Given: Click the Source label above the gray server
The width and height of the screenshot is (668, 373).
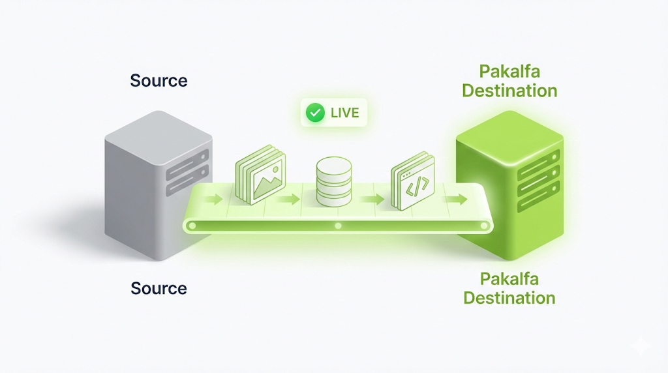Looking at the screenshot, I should pyautogui.click(x=159, y=81).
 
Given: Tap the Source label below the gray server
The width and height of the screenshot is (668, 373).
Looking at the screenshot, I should pyautogui.click(x=159, y=288).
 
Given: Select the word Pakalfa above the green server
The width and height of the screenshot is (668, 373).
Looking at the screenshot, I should pyautogui.click(x=509, y=71).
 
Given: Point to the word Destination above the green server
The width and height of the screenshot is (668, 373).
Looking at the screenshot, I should pyautogui.click(x=509, y=90).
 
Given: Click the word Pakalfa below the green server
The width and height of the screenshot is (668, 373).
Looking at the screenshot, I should pyautogui.click(x=509, y=279).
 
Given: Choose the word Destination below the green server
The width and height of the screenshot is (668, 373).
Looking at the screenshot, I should pyautogui.click(x=509, y=298).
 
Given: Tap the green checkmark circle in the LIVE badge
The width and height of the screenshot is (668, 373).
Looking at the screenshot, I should pyautogui.click(x=316, y=113).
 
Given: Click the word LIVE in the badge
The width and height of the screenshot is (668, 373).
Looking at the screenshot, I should pyautogui.click(x=344, y=113).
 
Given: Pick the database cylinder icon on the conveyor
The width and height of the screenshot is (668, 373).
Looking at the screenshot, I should pyautogui.click(x=333, y=181).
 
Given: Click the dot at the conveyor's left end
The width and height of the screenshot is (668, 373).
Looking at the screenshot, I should pyautogui.click(x=192, y=226).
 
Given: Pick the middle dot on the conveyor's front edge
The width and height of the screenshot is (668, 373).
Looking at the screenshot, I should pyautogui.click(x=338, y=226).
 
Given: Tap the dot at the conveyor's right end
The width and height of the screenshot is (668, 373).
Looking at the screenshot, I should pyautogui.click(x=483, y=226).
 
